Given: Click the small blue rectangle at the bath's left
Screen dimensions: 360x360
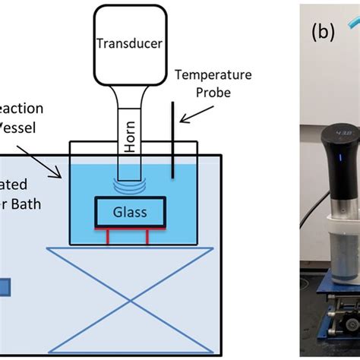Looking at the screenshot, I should pyautogui.click(x=5, y=287).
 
